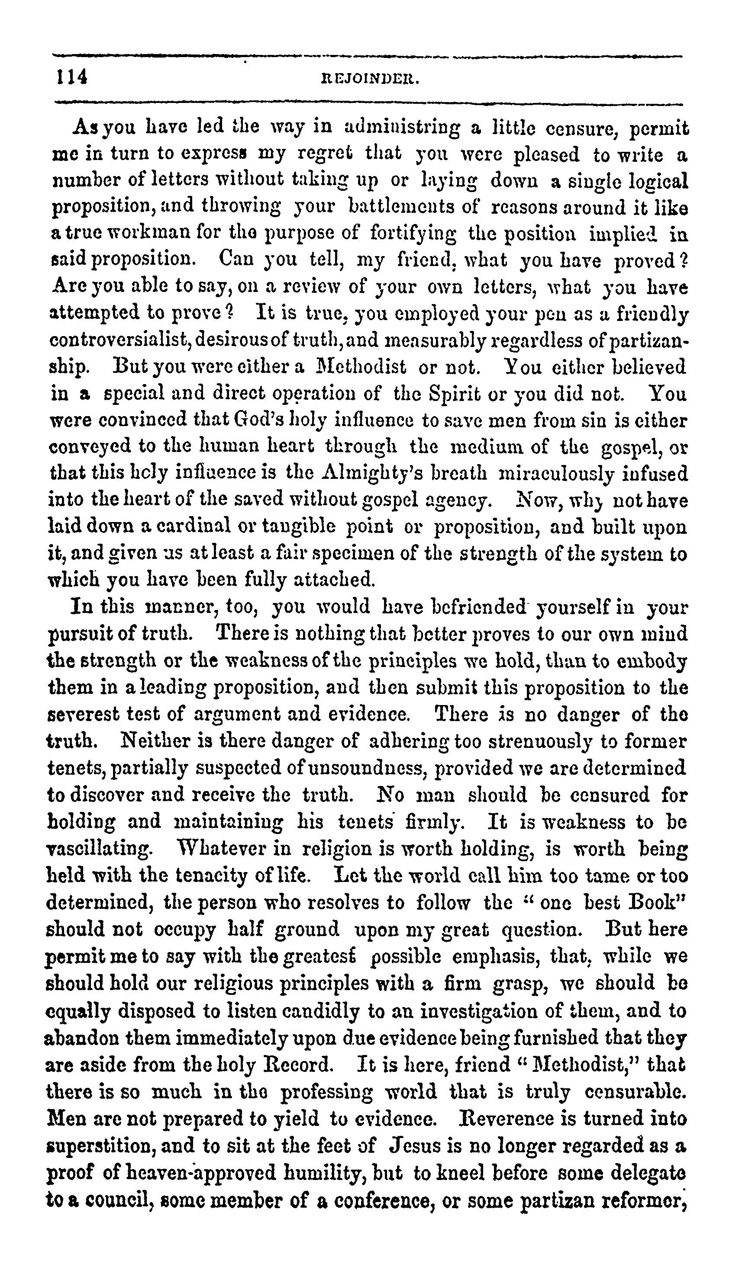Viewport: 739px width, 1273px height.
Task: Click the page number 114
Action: pyautogui.click(x=71, y=77)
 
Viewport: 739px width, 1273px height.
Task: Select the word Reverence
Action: pyautogui.click(x=515, y=1117)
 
